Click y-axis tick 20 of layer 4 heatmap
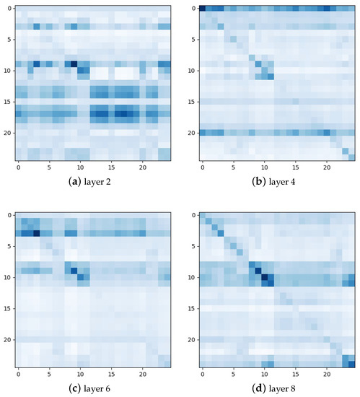[191, 133]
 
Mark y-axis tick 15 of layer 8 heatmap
[191, 308]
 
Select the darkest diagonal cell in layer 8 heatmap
[264, 276]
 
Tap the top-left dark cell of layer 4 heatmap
[202, 9]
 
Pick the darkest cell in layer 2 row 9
[74, 64]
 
